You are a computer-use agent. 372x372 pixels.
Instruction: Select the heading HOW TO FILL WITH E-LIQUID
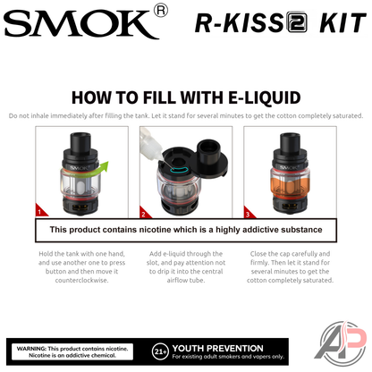185,97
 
